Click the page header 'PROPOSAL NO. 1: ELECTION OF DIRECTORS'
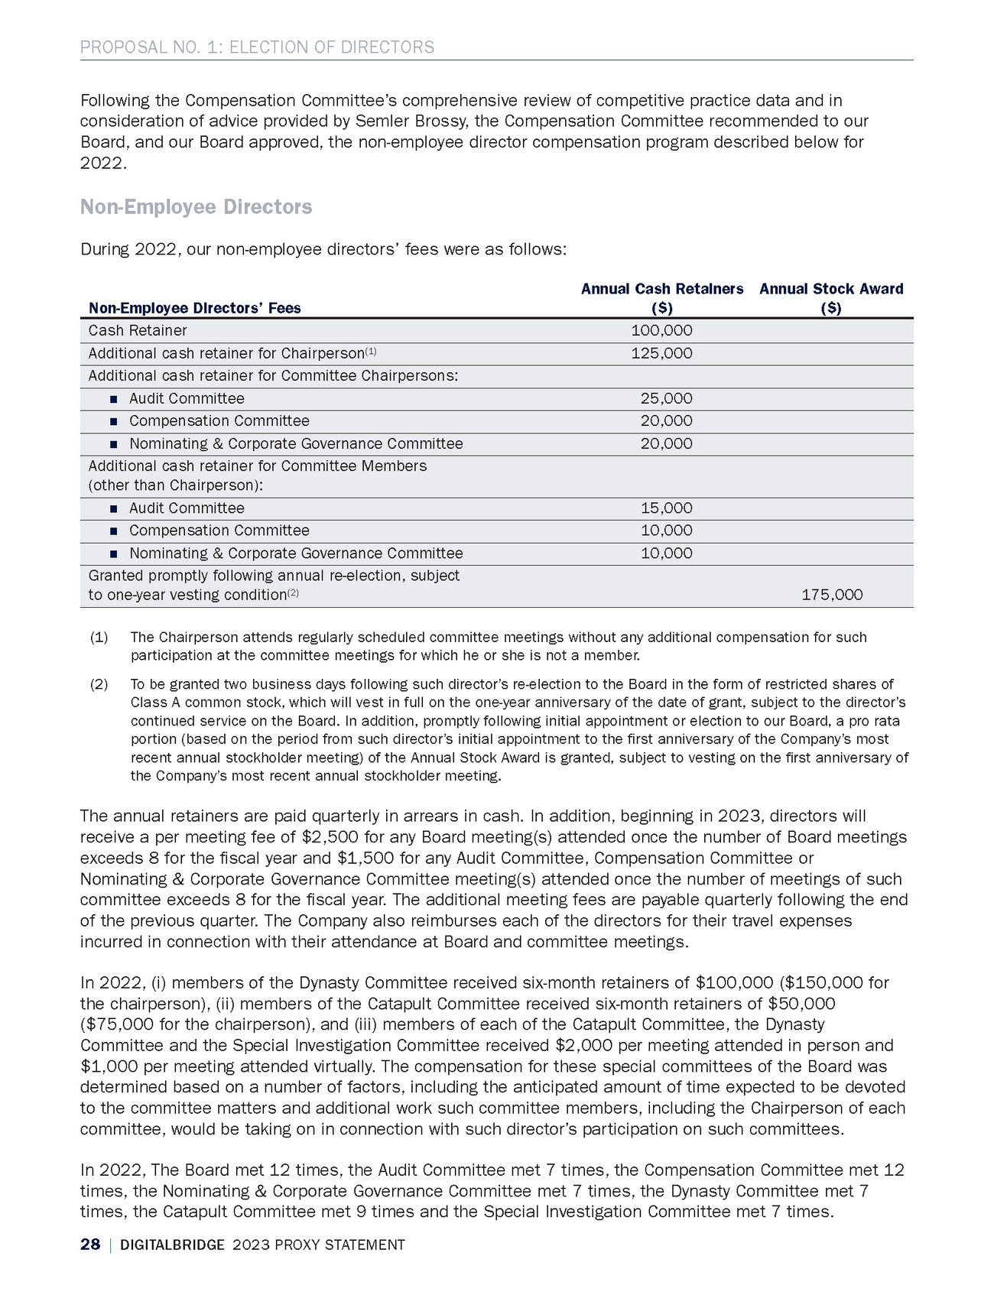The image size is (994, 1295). click(257, 47)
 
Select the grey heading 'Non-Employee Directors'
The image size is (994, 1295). click(196, 207)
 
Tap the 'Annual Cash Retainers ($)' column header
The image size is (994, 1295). click(662, 298)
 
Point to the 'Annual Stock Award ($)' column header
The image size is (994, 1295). click(831, 298)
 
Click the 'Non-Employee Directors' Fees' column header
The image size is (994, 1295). click(194, 308)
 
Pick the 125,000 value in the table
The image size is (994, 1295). click(662, 353)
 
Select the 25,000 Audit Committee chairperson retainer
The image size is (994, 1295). click(666, 398)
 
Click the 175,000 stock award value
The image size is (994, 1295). click(832, 595)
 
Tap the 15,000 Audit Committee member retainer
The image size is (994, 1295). click(666, 508)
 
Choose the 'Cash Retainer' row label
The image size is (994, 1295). click(138, 330)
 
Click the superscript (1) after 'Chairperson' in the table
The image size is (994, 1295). click(371, 351)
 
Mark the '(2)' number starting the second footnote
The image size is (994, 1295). click(99, 684)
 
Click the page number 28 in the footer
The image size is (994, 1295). click(90, 1245)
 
